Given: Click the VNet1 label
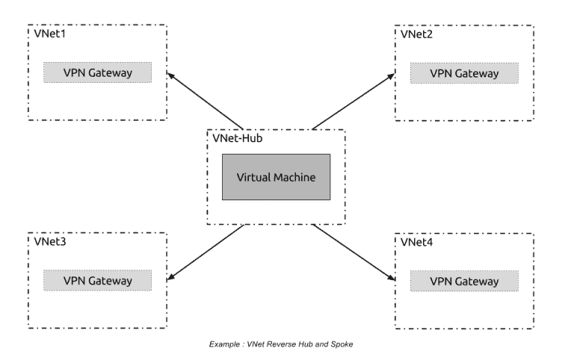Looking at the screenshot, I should pyautogui.click(x=50, y=34).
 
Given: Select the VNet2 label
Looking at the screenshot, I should pyautogui.click(x=417, y=34).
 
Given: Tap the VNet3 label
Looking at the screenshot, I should pyautogui.click(x=50, y=242).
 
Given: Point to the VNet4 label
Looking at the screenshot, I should pyautogui.click(x=417, y=242).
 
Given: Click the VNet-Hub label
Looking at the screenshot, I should pyautogui.click(x=238, y=138).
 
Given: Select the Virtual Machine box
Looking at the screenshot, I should pyautogui.click(x=276, y=177).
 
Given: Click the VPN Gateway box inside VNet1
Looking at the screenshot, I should pyautogui.click(x=97, y=72).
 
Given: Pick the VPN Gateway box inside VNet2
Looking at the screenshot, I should pyautogui.click(x=464, y=73).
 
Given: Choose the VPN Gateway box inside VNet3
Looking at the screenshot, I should pyautogui.click(x=97, y=281).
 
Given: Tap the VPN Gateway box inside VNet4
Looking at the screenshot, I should pyautogui.click(x=464, y=281).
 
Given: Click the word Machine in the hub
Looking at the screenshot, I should pyautogui.click(x=294, y=178).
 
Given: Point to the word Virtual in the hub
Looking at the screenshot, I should pyautogui.click(x=253, y=178).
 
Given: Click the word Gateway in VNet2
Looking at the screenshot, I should pyautogui.click(x=477, y=73).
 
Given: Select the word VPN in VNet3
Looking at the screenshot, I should pyautogui.click(x=75, y=281).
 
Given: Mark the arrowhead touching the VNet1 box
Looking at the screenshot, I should pyautogui.click(x=171, y=76).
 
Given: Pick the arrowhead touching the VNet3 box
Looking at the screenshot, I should pyautogui.click(x=171, y=277).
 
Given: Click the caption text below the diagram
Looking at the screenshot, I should pyautogui.click(x=281, y=344).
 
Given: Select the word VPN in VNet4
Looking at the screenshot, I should pyautogui.click(x=442, y=281).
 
